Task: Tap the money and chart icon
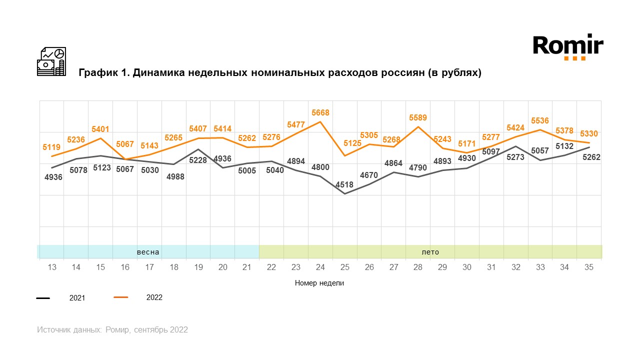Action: coord(51,61)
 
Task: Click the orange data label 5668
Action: coord(320,113)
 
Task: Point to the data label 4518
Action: coord(344,184)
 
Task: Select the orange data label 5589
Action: coord(418,117)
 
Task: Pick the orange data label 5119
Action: coord(52,147)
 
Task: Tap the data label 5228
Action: coord(198,160)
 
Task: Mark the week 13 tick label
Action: coord(52,267)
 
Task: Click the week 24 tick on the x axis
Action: coord(320,267)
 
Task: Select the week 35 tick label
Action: coord(589,267)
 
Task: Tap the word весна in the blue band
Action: coord(148,252)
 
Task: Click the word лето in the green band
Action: coord(430,252)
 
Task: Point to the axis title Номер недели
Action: coord(319,283)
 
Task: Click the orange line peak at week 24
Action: coord(320,122)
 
